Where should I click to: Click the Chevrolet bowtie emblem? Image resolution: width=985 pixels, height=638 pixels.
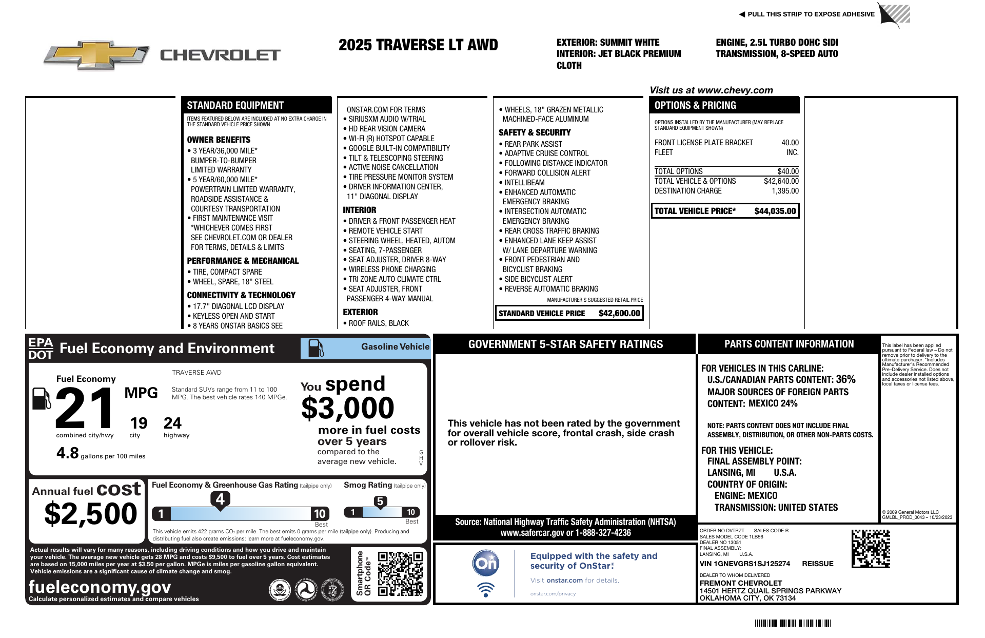[x=96, y=54]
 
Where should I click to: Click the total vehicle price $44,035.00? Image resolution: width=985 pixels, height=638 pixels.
[x=775, y=211]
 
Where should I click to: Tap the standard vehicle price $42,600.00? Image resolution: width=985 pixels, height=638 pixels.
[x=619, y=313]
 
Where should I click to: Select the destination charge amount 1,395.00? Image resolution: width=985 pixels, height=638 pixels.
[x=785, y=191]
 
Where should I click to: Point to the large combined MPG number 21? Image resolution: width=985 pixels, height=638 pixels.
[x=85, y=409]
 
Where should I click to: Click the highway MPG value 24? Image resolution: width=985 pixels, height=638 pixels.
[x=172, y=423]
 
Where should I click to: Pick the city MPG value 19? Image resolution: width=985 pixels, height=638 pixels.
[x=139, y=423]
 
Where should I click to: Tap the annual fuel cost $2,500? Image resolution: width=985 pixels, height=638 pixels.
[x=91, y=514]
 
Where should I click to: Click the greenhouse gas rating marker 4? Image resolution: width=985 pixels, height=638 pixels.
[x=220, y=499]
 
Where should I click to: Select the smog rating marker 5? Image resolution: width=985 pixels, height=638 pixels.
[x=380, y=501]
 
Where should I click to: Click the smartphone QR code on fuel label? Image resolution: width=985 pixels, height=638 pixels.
[x=400, y=573]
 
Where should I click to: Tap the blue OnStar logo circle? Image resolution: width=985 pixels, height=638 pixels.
[x=485, y=564]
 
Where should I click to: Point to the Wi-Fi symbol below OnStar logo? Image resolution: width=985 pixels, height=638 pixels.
[x=485, y=589]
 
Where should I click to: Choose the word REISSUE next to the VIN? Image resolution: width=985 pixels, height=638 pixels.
[x=817, y=564]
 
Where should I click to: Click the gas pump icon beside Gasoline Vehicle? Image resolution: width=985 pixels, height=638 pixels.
[x=316, y=348]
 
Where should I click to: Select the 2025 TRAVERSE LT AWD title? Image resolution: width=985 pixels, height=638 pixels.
[x=418, y=45]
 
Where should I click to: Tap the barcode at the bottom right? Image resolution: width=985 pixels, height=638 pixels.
[x=793, y=623]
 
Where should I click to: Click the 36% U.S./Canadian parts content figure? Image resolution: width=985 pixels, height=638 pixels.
[x=845, y=379]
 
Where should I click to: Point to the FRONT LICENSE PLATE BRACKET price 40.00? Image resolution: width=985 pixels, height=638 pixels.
[x=790, y=143]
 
